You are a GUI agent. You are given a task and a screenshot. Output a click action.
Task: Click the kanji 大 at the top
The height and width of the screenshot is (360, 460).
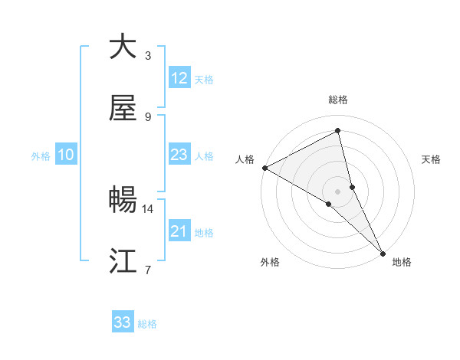click(123, 47)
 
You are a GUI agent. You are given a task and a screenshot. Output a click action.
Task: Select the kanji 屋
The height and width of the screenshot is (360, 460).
click(123, 109)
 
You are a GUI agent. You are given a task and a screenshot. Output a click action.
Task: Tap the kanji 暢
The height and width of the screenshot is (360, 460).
click(123, 201)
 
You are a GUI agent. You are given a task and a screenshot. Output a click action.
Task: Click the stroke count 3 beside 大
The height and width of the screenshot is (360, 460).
click(148, 56)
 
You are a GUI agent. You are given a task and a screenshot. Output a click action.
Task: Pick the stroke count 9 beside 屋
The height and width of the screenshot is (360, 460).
click(148, 117)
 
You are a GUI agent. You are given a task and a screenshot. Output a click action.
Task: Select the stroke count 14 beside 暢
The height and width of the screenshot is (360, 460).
click(148, 208)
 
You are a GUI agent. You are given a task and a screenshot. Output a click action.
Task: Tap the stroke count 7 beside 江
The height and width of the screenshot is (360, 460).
click(148, 270)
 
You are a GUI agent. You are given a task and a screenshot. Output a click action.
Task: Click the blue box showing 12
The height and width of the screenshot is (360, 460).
click(179, 78)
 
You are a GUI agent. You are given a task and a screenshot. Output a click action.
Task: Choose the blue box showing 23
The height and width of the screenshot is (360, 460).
click(179, 155)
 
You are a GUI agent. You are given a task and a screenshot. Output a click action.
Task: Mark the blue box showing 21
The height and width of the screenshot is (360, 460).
click(179, 231)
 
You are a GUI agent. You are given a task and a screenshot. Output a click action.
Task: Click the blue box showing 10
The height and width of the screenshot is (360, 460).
click(66, 155)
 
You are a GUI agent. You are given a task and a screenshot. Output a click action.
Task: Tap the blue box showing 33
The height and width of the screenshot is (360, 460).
click(123, 322)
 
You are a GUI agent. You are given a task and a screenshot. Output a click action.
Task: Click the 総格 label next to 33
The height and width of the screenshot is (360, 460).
click(147, 324)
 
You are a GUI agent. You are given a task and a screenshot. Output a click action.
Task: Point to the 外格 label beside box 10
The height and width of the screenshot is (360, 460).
click(41, 156)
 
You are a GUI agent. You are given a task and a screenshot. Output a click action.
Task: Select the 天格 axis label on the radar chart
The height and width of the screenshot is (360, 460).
click(432, 159)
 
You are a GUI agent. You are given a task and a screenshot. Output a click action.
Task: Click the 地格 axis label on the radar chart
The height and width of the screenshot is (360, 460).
click(402, 262)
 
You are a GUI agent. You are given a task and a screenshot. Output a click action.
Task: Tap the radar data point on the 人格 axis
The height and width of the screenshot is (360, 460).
click(264, 168)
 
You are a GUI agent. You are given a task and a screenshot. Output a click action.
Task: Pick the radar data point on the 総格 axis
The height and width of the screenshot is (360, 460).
click(338, 131)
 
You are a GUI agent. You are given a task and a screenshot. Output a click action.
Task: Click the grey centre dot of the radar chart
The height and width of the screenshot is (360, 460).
click(337, 191)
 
